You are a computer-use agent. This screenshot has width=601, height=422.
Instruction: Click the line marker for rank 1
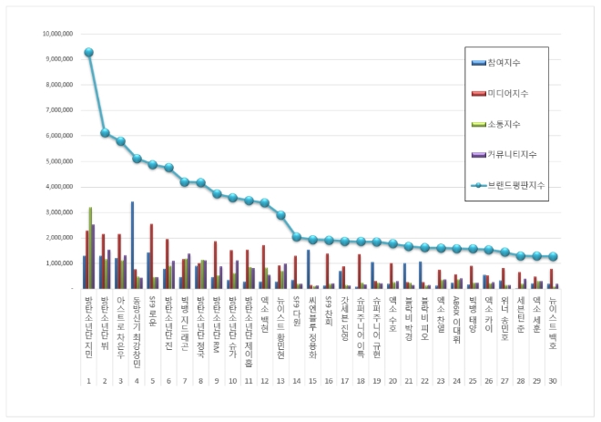(x=88, y=52)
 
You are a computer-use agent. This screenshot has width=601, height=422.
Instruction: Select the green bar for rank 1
(x=89, y=247)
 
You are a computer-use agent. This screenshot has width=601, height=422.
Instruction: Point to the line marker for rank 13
(x=280, y=215)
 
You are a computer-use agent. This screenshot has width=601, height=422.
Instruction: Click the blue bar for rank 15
(x=309, y=269)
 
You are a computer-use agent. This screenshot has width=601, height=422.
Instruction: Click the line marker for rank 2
(x=105, y=133)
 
